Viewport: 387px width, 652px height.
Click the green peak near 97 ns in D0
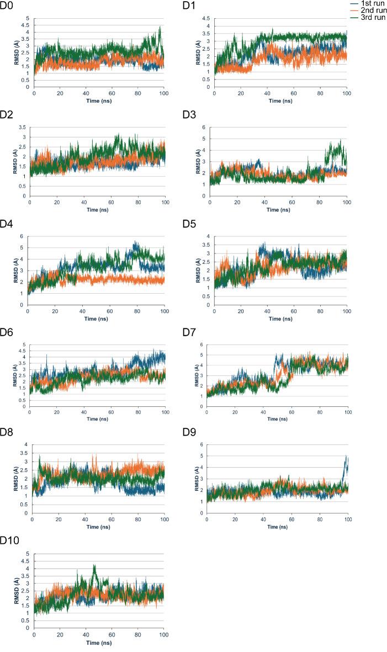(x=160, y=27)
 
